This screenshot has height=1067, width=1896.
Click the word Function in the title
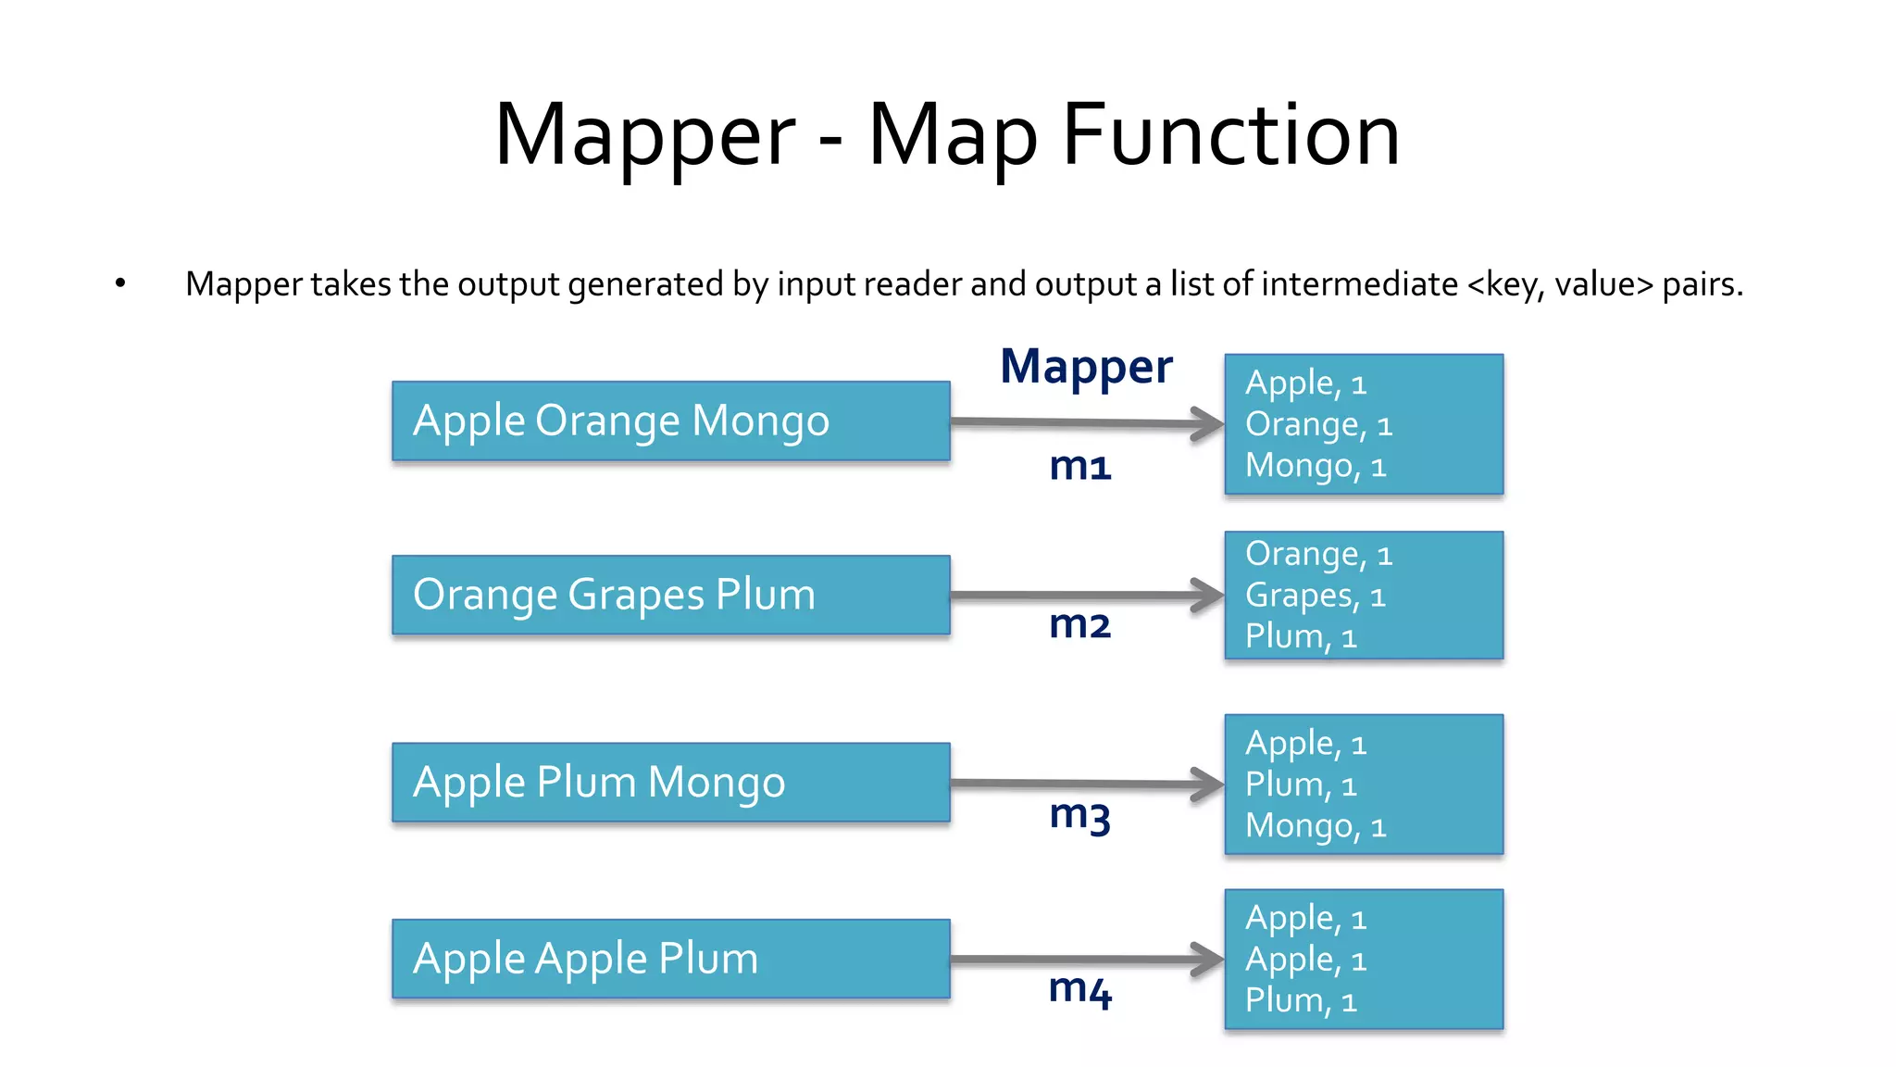1230,135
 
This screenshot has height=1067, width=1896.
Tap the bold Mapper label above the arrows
1086,367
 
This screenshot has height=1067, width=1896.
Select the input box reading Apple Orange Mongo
670,421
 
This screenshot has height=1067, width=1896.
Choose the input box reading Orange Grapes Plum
670,595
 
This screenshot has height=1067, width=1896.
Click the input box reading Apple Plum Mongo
670,783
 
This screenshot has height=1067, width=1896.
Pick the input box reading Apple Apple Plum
670,959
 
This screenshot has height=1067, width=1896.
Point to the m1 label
1079,466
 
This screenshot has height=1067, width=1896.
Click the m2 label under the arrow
1079,624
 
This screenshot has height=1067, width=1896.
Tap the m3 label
1079,815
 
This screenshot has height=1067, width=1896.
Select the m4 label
1079,989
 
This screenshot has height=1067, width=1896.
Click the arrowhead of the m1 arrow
1208,425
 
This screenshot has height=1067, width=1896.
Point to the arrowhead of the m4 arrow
1208,960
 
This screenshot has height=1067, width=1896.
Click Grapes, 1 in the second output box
1315,596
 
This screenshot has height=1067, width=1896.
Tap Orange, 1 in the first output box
1318,425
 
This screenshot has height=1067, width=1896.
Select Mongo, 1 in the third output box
1315,825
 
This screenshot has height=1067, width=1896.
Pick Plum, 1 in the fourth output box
1301,1001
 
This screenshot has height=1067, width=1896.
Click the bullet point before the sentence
120,282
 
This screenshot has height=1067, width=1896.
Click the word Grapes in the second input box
635,596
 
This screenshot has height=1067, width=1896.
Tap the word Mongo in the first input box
760,421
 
